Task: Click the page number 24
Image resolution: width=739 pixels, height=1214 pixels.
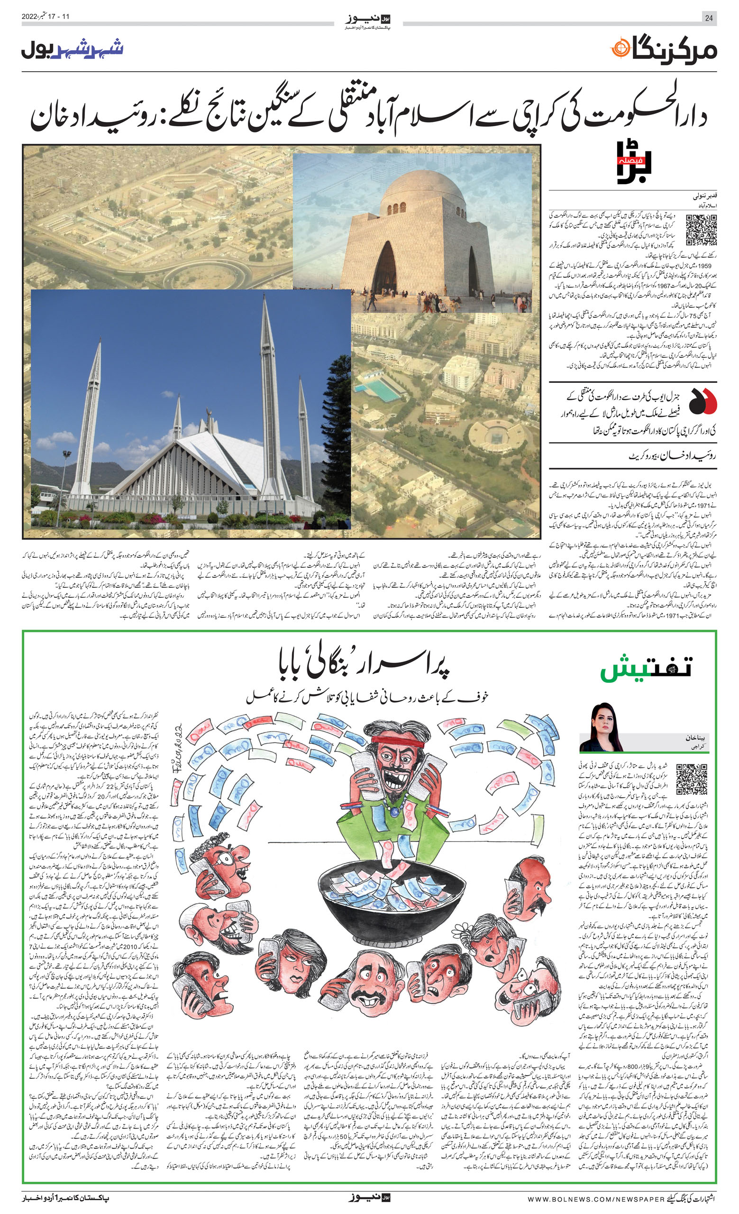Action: point(709,18)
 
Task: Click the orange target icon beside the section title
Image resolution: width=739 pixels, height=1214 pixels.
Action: point(620,49)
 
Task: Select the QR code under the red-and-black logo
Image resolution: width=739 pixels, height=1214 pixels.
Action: point(702,230)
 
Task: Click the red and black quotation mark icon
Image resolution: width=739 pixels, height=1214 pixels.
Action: point(703,401)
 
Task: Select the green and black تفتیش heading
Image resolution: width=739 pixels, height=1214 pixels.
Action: point(646,668)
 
